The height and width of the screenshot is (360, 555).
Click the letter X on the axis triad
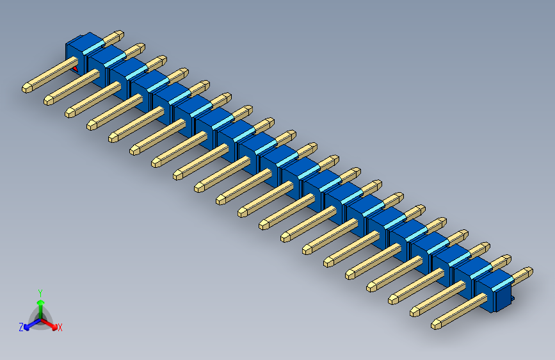tap(60, 328)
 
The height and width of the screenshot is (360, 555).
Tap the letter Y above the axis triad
tap(40, 292)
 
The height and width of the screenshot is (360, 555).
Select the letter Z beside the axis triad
tap(21, 327)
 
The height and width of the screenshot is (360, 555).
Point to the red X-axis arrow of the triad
tap(52, 323)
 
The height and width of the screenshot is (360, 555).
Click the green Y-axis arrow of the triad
tap(40, 302)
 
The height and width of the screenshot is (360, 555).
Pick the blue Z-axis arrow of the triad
tap(29, 325)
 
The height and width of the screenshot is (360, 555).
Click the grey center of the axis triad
tap(40, 318)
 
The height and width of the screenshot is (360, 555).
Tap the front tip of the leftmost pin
tap(28, 87)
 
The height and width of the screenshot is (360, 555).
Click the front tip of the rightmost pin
tap(436, 324)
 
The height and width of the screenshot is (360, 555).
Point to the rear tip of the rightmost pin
tap(528, 271)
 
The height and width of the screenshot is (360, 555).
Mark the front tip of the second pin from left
tap(49, 100)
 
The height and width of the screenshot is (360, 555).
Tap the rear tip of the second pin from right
tap(507, 259)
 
